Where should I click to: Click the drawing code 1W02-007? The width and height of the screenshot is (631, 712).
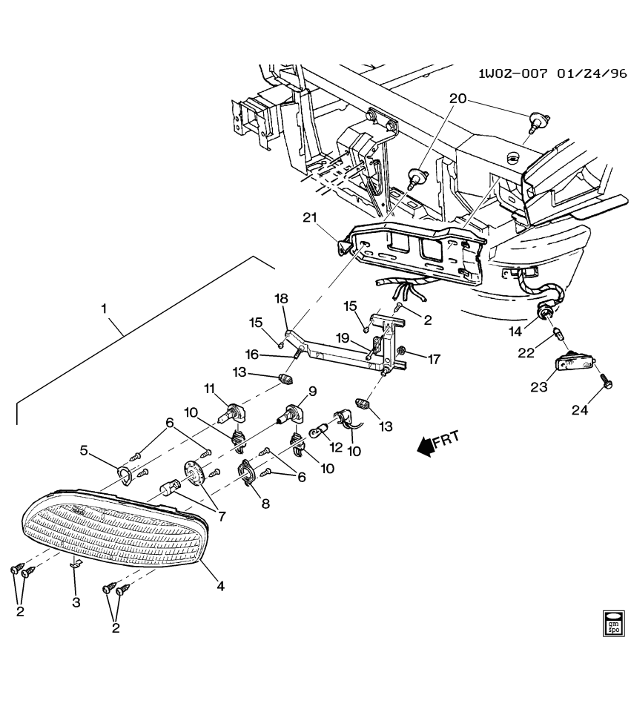(512, 74)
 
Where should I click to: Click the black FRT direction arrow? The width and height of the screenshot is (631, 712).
(426, 446)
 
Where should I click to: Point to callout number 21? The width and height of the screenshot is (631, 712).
(311, 217)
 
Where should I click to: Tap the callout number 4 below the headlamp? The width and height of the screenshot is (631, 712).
(220, 586)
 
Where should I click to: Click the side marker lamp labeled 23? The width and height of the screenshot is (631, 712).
(575, 366)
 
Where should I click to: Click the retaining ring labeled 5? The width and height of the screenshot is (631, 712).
(124, 473)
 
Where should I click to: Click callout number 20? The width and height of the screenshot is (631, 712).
(458, 99)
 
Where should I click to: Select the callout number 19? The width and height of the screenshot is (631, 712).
(342, 337)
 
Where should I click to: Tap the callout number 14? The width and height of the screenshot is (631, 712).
(537, 332)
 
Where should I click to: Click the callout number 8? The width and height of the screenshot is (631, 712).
(265, 502)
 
